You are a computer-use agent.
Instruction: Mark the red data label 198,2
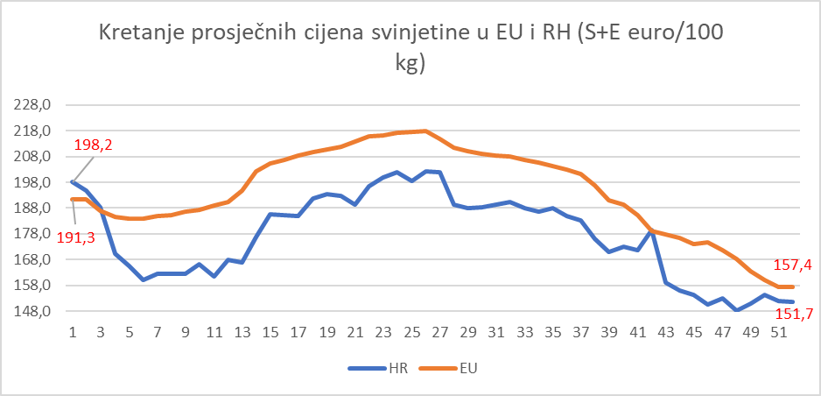[x=92, y=144]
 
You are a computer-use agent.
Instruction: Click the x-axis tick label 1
[x=73, y=333]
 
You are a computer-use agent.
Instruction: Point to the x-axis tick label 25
[x=410, y=333]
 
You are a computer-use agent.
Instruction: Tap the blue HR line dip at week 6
[x=143, y=279]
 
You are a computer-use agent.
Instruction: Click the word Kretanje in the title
[x=137, y=34]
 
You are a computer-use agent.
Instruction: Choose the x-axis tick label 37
[x=577, y=333]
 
